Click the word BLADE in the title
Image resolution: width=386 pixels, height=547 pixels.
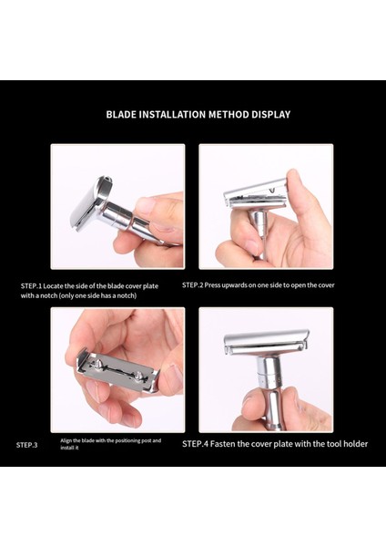click(122, 115)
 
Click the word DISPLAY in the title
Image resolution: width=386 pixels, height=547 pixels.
click(269, 115)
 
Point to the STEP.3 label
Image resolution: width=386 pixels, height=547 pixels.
click(27, 445)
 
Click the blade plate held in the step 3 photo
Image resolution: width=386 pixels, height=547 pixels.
click(118, 371)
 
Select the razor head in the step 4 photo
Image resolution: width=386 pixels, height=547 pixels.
click(266, 342)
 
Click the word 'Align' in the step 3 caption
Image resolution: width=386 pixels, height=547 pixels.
click(69, 440)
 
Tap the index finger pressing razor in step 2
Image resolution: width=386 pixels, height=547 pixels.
click(296, 182)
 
